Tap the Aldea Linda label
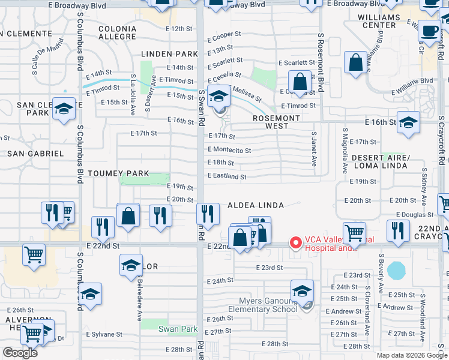click(x=255, y=205)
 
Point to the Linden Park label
click(x=161, y=55)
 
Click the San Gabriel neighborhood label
click(x=35, y=154)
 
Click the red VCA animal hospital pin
click(x=295, y=243)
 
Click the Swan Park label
click(x=178, y=329)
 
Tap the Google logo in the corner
click(x=20, y=353)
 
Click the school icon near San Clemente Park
click(x=64, y=109)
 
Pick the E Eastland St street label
click(x=227, y=176)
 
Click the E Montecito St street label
click(x=229, y=150)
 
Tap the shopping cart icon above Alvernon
click(x=34, y=254)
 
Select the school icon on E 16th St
click(x=408, y=122)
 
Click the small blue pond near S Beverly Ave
click(x=397, y=271)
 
